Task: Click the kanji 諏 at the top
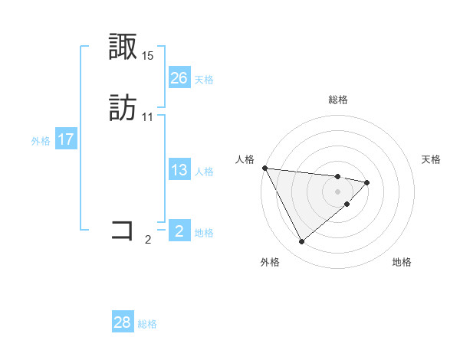(123, 48)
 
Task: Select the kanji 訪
(123, 108)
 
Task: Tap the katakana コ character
(123, 229)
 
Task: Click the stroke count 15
(148, 56)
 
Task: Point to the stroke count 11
(148, 116)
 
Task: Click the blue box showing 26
(179, 77)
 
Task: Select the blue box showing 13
(179, 170)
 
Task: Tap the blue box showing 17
(66, 139)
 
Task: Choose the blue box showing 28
(123, 322)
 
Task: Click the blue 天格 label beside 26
(204, 79)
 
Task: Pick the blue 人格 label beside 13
(204, 172)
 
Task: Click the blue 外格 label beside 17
(41, 140)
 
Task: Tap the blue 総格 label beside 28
(147, 324)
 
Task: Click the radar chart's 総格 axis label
(338, 100)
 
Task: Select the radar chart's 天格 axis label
(431, 159)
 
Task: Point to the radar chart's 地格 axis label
(402, 262)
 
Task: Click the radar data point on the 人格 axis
(264, 168)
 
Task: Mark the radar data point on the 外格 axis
(301, 242)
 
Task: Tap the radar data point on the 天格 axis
(367, 182)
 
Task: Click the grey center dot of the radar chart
(338, 191)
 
